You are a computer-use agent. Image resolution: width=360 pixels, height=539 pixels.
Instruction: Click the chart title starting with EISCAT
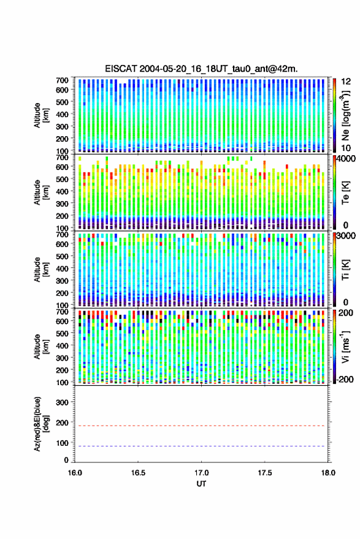click(x=201, y=69)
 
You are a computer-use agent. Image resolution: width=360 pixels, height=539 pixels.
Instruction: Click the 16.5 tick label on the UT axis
click(x=138, y=473)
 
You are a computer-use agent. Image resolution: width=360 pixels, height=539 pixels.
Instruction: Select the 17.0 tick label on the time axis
click(x=201, y=473)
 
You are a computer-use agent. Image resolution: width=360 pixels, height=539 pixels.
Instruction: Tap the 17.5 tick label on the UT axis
click(x=264, y=473)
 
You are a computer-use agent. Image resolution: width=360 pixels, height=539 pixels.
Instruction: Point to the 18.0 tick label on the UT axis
click(x=328, y=473)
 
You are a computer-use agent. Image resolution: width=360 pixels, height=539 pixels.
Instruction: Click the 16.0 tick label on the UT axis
click(x=75, y=473)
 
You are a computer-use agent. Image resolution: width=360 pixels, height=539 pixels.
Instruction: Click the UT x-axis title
click(x=201, y=484)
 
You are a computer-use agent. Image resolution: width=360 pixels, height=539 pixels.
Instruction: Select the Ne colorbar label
click(x=345, y=115)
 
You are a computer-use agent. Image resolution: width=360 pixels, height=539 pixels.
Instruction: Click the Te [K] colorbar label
click(x=345, y=193)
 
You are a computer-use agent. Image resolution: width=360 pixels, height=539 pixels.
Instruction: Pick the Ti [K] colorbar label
click(x=345, y=269)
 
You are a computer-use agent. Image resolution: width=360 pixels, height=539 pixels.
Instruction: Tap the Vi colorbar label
click(x=345, y=346)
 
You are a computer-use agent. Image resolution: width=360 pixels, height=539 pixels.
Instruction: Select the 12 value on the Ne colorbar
click(x=347, y=82)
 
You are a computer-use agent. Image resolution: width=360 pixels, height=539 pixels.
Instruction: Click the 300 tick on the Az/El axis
click(x=63, y=402)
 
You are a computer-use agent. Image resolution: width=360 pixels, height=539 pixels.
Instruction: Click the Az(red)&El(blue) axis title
click(x=41, y=424)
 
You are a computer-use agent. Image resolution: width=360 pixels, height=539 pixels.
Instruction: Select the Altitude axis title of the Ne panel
click(x=41, y=115)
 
